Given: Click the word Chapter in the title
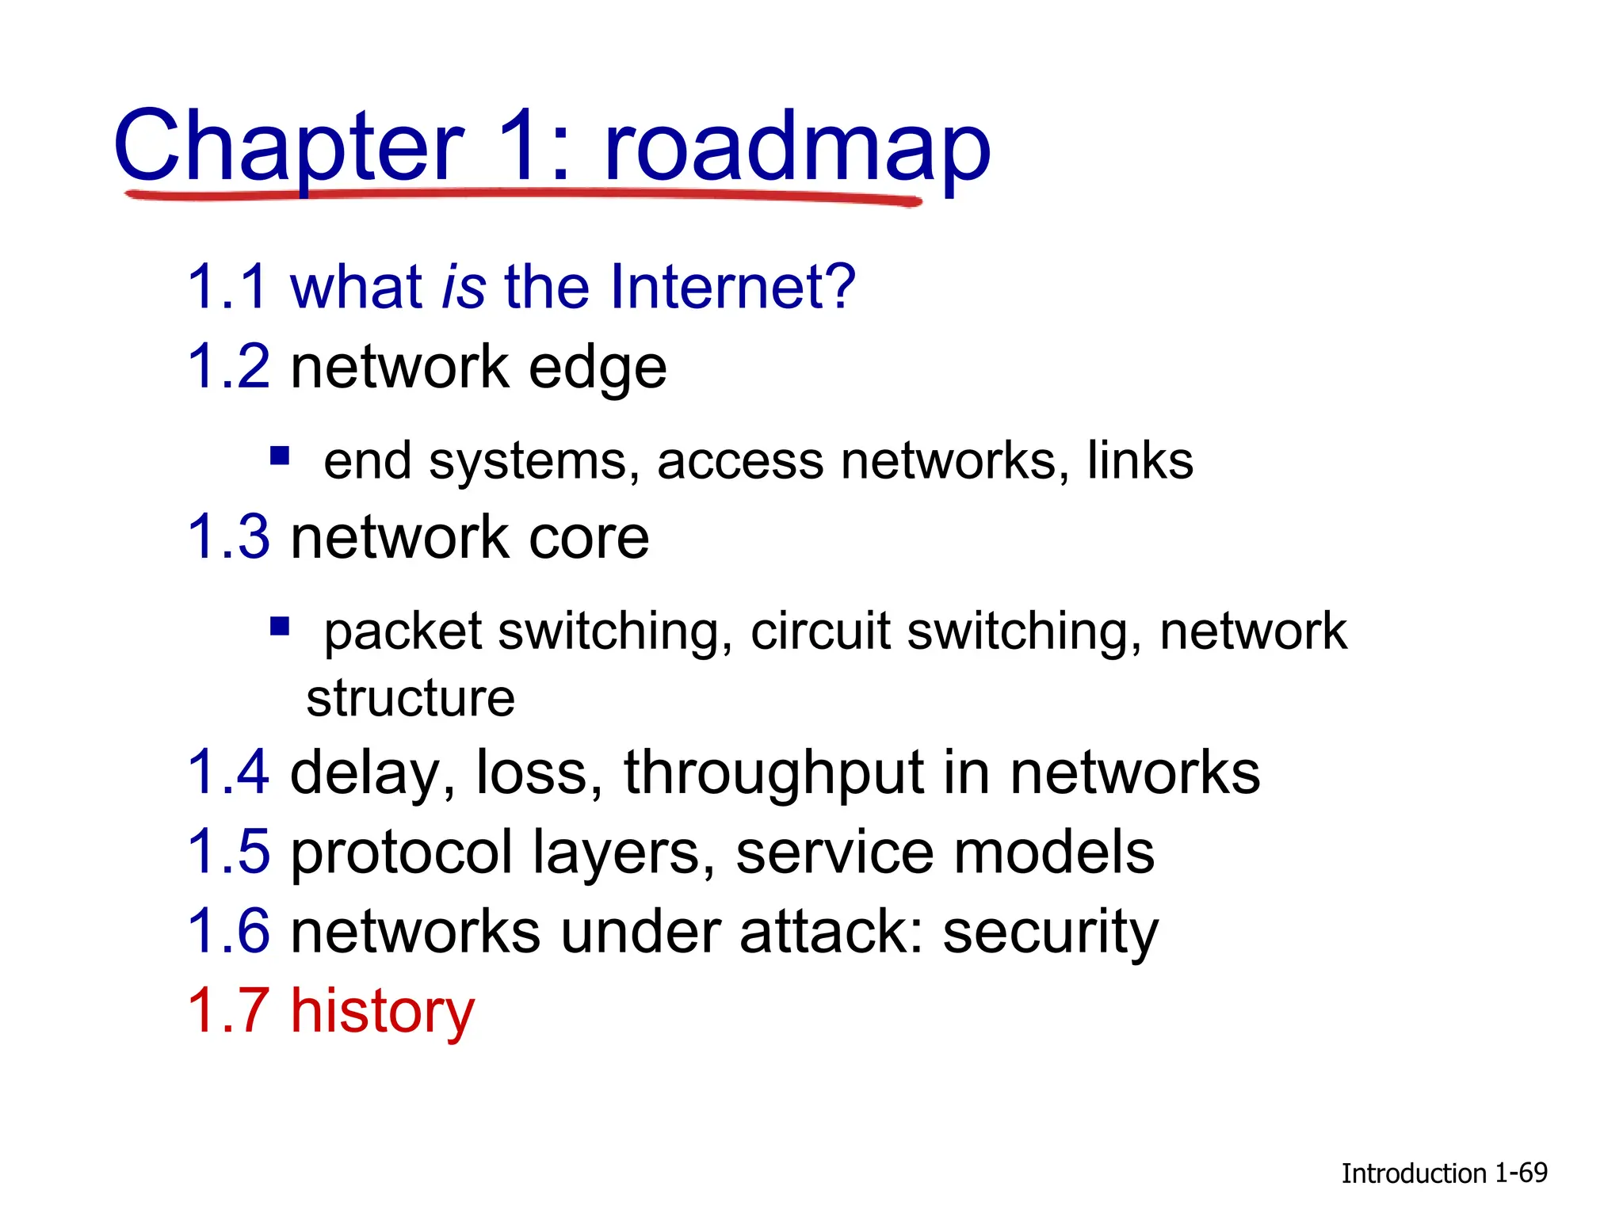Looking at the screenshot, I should pyautogui.click(x=288, y=147).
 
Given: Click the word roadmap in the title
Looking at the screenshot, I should pyautogui.click(x=796, y=147).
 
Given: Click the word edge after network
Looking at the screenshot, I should pyautogui.click(x=598, y=369).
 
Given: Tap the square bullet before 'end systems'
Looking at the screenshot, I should pyautogui.click(x=279, y=456).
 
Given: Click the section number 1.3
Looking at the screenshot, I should pyautogui.click(x=228, y=537).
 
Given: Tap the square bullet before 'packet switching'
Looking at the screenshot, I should pyautogui.click(x=279, y=627).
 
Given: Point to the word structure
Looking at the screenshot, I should pyautogui.click(x=411, y=698).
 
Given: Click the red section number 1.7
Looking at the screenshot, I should pyautogui.click(x=228, y=1010).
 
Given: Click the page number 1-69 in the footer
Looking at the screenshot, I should pyautogui.click(x=1521, y=1173).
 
